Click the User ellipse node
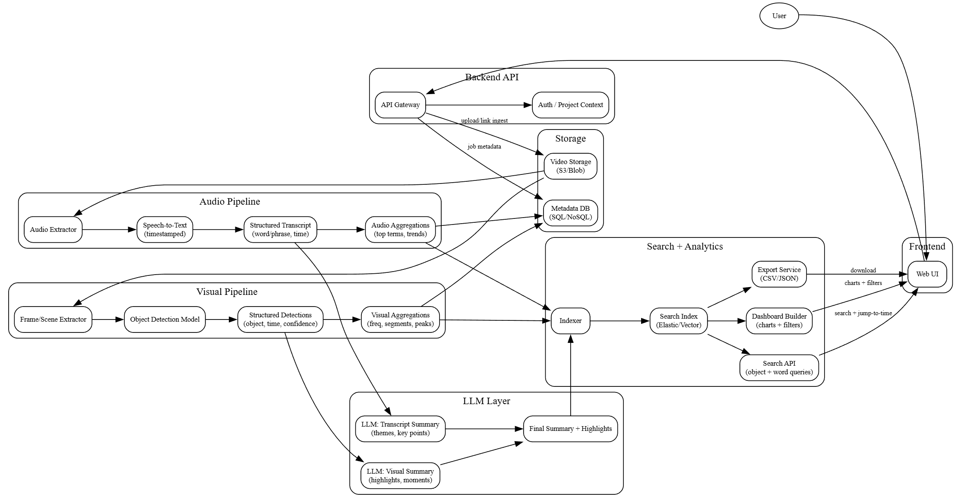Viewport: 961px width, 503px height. [x=779, y=16]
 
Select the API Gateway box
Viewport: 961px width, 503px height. [x=400, y=105]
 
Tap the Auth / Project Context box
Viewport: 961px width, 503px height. [x=570, y=105]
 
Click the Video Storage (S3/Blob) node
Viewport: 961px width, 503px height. [x=570, y=166]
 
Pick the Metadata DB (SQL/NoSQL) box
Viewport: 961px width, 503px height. [x=570, y=213]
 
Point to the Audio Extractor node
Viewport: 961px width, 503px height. [x=53, y=230]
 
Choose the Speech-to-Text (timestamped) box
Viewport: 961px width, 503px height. [x=164, y=230]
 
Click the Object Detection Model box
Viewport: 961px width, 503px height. [x=164, y=320]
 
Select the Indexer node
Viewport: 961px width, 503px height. [x=570, y=321]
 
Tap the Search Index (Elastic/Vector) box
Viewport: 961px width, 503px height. [x=678, y=321]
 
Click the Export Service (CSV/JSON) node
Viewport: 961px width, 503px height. [x=779, y=274]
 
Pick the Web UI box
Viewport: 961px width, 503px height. [x=927, y=274]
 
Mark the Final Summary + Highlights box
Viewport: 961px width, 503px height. [x=570, y=429]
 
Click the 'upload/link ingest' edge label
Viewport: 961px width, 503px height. [x=484, y=121]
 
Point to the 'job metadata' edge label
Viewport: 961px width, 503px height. [x=484, y=147]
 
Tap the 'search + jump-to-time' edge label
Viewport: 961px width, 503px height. [x=863, y=313]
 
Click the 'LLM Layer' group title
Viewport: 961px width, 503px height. [x=486, y=401]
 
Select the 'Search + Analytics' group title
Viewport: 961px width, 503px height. [x=684, y=247]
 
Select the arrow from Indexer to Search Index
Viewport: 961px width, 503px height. [x=620, y=321]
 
